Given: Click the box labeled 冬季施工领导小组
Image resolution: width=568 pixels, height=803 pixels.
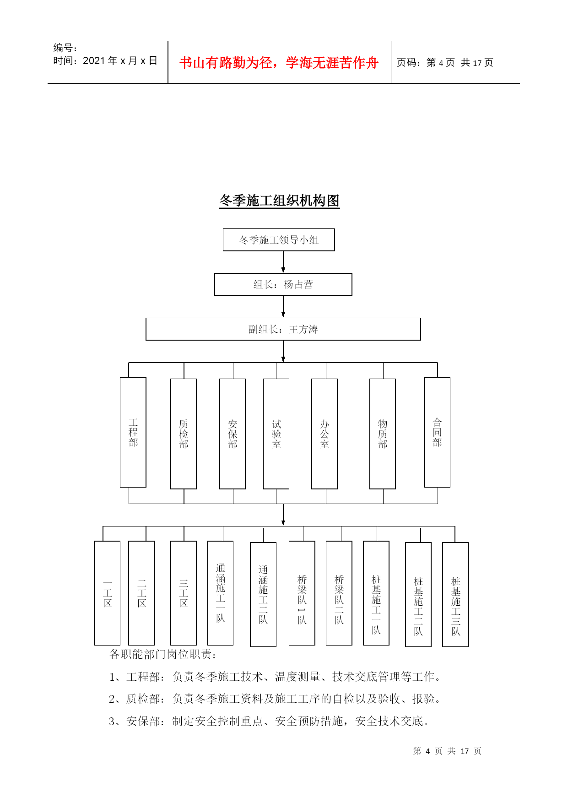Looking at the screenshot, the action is [279, 240].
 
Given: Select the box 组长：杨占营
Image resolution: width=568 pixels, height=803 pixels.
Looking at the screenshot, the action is [283, 284].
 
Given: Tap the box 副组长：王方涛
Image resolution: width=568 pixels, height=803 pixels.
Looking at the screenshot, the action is [283, 329].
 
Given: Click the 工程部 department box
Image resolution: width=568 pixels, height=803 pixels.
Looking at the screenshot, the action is [133, 432].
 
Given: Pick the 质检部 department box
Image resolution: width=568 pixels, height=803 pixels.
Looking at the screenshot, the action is [184, 434].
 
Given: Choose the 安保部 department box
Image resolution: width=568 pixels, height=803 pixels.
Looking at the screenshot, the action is [233, 434].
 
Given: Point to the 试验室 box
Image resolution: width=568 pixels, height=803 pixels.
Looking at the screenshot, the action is [276, 434].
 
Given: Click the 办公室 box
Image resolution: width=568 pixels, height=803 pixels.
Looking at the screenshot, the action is [325, 434].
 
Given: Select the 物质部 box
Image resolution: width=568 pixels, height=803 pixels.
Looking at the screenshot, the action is [383, 434].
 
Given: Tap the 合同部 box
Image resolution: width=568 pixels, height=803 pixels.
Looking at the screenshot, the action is [437, 432].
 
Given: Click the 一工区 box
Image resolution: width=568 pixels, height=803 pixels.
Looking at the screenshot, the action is [107, 593].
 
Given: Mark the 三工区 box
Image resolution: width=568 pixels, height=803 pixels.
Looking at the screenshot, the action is [184, 593].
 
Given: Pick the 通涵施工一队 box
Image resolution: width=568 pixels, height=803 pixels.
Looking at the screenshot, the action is [221, 593].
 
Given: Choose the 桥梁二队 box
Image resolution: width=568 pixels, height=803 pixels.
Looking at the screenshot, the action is [339, 593].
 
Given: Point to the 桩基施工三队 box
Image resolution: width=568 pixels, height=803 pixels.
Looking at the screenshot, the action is [455, 594].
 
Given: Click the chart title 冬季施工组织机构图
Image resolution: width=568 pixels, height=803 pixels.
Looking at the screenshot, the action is [279, 201].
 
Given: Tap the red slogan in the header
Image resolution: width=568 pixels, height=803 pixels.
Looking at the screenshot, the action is [279, 63].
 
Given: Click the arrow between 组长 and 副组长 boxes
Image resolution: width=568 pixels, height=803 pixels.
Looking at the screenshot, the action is [283, 307].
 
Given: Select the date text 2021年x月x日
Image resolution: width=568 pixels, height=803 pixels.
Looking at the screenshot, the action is [120, 61].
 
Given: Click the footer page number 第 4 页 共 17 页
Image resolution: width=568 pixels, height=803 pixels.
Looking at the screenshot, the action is [447, 751].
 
